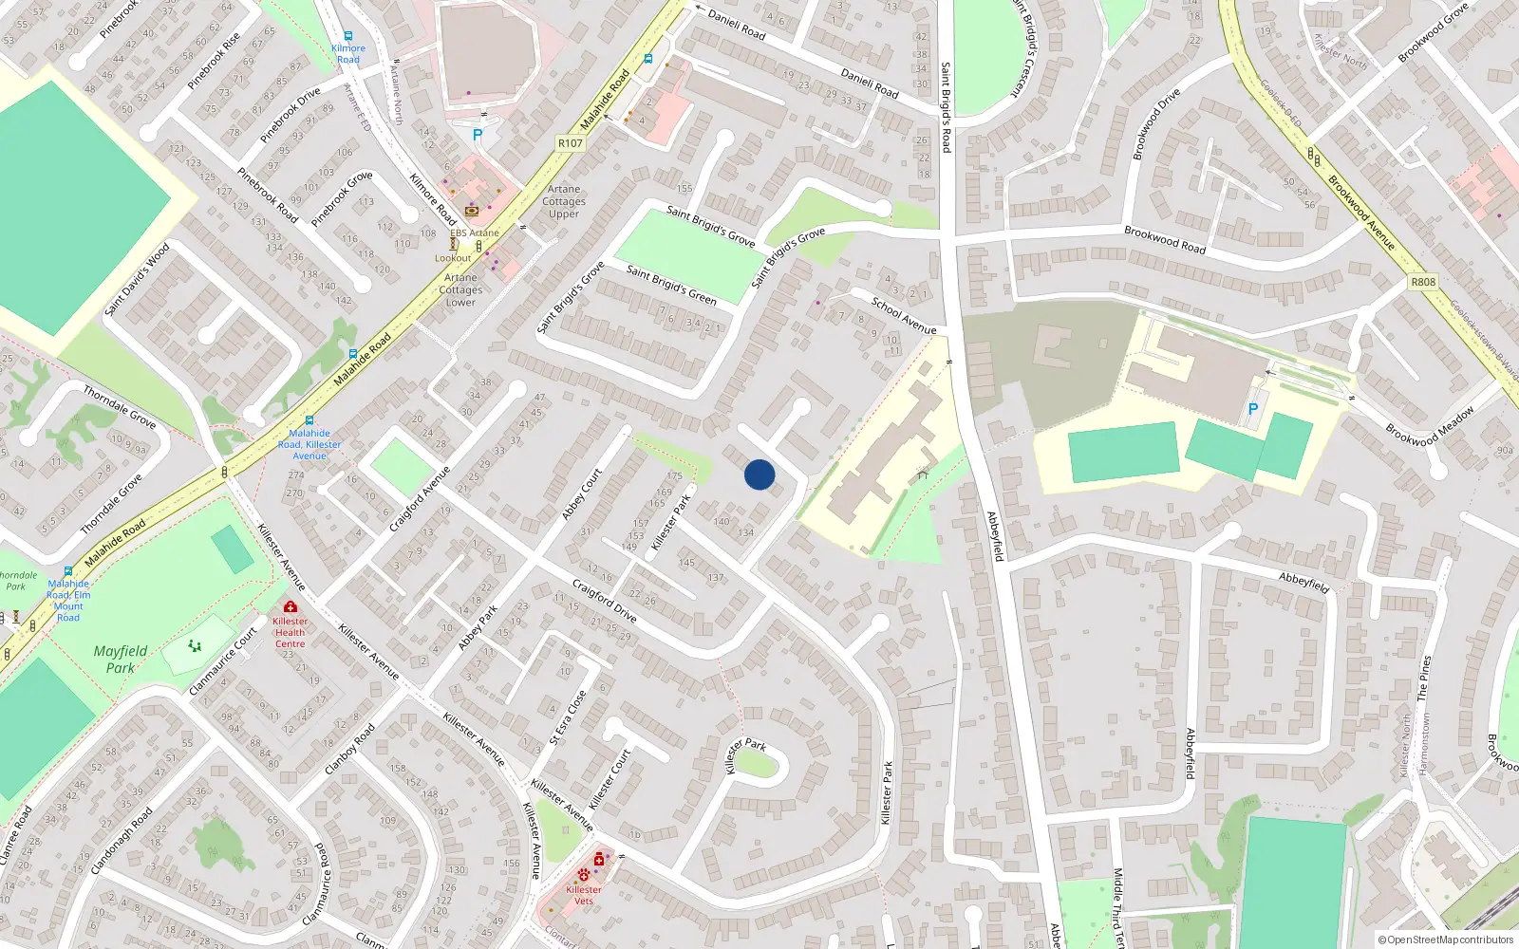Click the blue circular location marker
point(759,474)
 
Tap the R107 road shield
point(571,143)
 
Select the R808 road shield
point(1423,282)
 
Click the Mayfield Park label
point(121,659)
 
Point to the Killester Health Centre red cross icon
point(291,606)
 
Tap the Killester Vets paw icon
point(583,874)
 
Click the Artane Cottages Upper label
point(564,201)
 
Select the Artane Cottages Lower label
point(460,290)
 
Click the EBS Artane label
point(475,233)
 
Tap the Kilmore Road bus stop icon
point(348,36)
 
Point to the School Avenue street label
point(904,316)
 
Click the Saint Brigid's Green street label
point(671,285)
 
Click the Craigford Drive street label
point(604,600)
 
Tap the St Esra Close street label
point(568,716)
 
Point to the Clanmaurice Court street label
point(223,661)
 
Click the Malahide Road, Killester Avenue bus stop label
point(309,444)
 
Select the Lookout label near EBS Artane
point(453,258)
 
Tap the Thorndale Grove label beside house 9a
point(119,405)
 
